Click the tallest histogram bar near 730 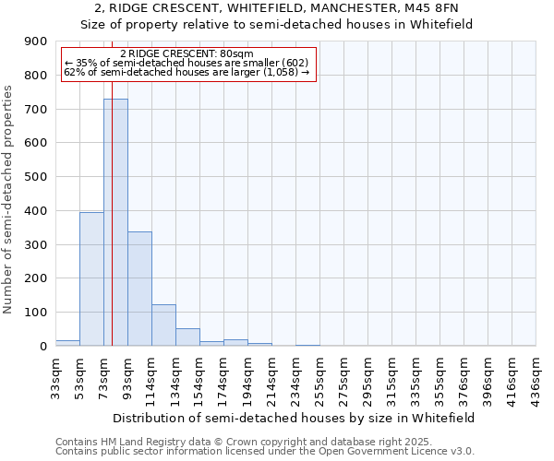pyautogui.click(x=115, y=222)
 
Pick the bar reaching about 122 pyautogui.click(x=163, y=325)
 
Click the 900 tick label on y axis pyautogui.click(x=36, y=41)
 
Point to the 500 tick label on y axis pyautogui.click(x=36, y=177)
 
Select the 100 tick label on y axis pyautogui.click(x=36, y=313)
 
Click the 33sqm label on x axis pyautogui.click(x=55, y=374)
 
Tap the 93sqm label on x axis pyautogui.click(x=127, y=374)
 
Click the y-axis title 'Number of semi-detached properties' pyautogui.click(x=9, y=199)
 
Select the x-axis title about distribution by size pyautogui.click(x=295, y=418)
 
